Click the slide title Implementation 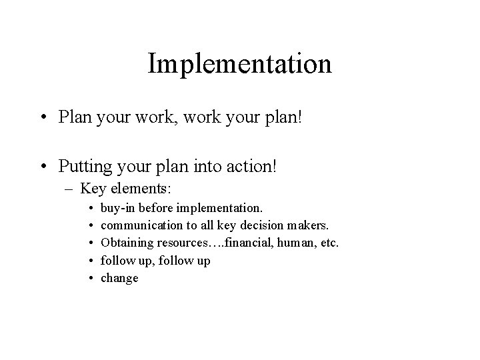(x=239, y=65)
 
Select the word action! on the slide (x=257, y=163)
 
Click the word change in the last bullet (x=119, y=278)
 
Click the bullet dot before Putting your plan (x=42, y=164)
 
